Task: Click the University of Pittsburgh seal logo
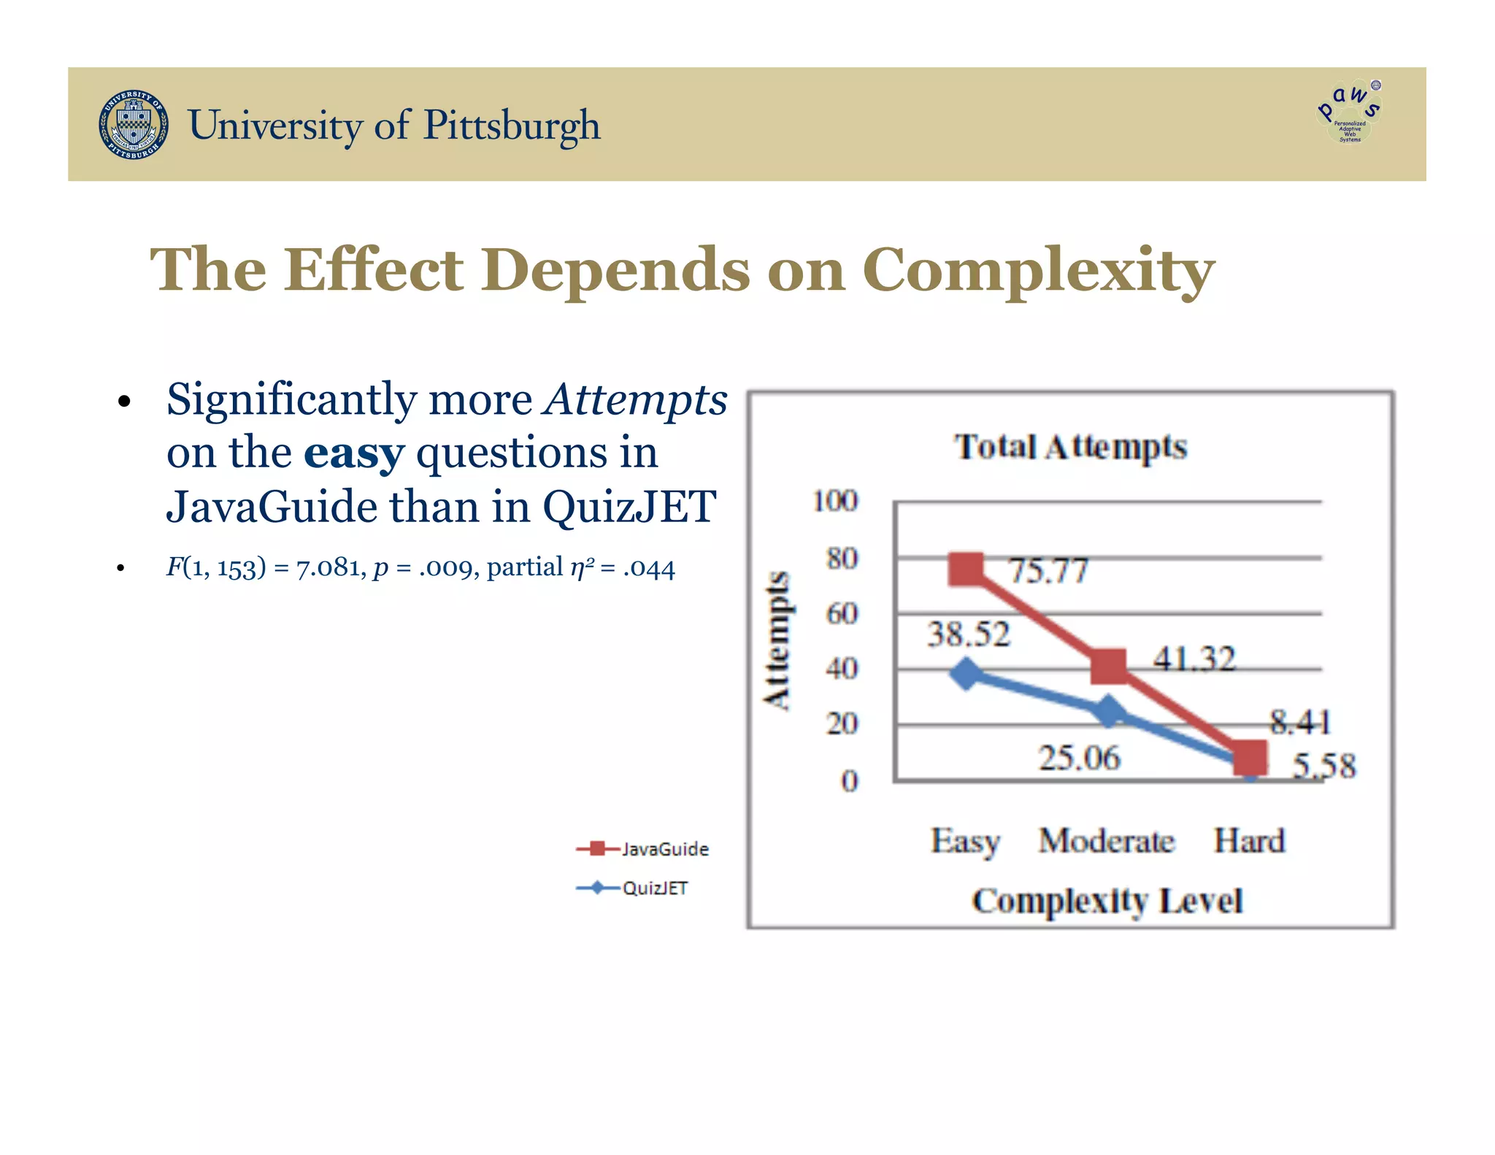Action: [134, 125]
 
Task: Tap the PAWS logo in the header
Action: [1349, 112]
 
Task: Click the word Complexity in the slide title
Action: [1038, 270]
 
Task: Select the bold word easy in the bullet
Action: [354, 453]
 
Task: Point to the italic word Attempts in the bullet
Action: [635, 400]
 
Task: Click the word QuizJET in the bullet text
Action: [629, 507]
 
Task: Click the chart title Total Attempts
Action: [1070, 447]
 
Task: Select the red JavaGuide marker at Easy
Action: [966, 569]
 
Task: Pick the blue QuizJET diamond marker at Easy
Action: [966, 673]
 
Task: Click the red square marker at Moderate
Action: [1108, 665]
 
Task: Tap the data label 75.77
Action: [1048, 570]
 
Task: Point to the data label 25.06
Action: [1079, 758]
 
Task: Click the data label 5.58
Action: [1323, 766]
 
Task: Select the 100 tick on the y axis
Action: [835, 502]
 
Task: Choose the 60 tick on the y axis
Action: [842, 613]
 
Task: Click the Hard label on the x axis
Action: [1248, 840]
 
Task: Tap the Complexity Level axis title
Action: [1107, 901]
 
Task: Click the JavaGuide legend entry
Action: [642, 848]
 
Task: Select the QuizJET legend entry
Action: [632, 888]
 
